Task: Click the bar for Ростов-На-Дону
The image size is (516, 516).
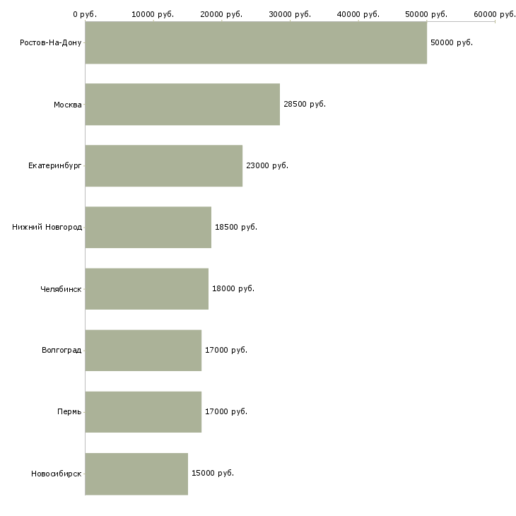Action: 256,42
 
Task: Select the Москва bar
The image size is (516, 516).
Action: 182,105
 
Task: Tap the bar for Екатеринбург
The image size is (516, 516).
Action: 164,166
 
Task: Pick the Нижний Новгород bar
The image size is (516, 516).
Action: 148,228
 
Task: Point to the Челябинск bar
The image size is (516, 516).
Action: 147,289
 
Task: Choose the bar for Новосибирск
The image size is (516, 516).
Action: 136,474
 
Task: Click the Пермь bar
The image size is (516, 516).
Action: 143,412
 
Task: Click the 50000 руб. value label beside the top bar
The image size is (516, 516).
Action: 452,43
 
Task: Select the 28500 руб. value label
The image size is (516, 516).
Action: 305,105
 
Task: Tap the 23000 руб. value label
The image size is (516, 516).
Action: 267,166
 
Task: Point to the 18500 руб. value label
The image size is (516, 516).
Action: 236,228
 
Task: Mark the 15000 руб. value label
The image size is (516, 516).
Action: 213,473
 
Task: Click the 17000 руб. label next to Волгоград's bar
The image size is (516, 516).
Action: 226,350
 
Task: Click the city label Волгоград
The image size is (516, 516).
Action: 61,350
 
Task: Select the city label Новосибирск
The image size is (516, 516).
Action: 57,474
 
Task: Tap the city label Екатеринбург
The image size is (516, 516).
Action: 55,165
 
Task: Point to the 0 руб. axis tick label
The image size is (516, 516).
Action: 85,14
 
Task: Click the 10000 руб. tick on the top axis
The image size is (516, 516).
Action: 153,14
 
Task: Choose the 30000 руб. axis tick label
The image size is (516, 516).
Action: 290,14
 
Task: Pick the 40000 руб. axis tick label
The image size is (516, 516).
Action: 358,14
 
